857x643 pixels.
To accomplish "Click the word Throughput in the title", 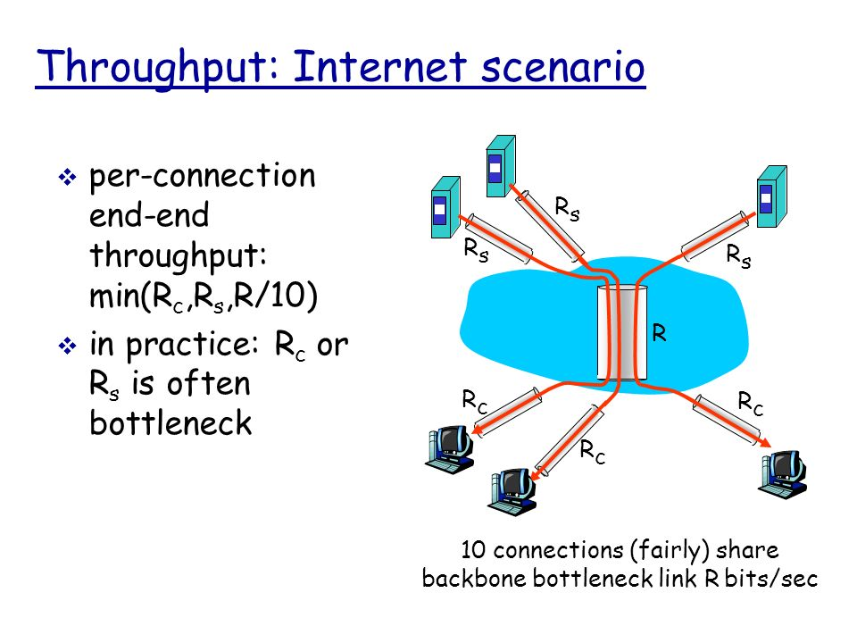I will (x=157, y=68).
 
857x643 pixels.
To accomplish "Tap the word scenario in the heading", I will (x=564, y=68).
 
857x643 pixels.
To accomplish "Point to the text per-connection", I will (x=203, y=176).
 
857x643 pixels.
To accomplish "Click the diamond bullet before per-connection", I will (x=65, y=178).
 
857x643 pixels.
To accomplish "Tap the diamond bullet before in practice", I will (x=65, y=347).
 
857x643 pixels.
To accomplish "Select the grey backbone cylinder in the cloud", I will (x=621, y=331).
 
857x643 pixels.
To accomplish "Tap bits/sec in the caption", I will (x=770, y=578).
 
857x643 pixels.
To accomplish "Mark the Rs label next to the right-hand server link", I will (x=737, y=257).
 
